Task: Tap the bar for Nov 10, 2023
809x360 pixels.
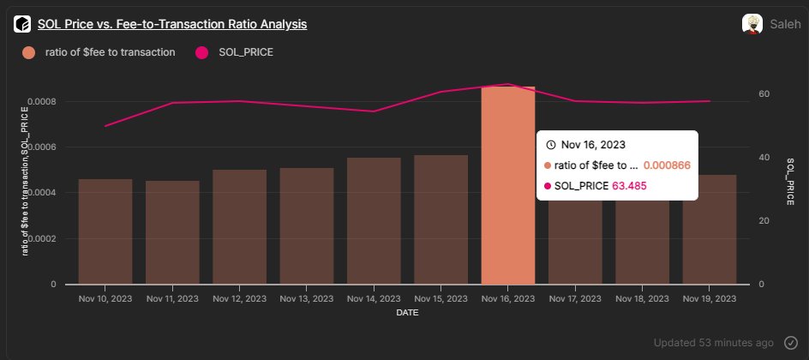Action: click(105, 231)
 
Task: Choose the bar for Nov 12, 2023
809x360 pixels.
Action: click(239, 227)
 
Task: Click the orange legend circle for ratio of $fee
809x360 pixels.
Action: click(29, 52)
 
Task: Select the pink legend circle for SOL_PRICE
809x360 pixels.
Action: click(203, 52)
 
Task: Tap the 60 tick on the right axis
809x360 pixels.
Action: click(764, 94)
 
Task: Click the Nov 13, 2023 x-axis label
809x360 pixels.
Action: click(306, 299)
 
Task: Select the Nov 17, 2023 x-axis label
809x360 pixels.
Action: click(575, 299)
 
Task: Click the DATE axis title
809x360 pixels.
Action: click(407, 314)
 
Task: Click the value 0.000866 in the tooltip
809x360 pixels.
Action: click(667, 165)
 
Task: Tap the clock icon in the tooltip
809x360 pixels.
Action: click(551, 145)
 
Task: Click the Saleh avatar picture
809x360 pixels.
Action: click(752, 24)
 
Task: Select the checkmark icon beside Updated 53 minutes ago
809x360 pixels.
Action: click(790, 342)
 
